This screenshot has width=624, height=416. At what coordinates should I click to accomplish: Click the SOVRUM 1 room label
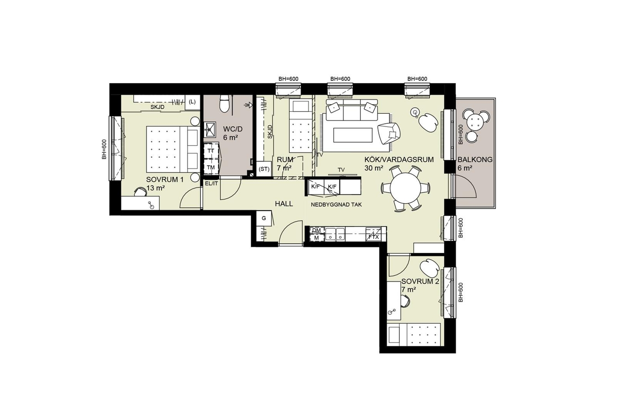165,179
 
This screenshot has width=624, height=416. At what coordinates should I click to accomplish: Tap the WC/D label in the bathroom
233,129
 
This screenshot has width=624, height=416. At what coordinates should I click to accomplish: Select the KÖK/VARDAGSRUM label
399,159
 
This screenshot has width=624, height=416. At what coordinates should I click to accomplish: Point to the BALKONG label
475,160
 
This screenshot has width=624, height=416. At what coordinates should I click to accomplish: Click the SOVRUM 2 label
420,281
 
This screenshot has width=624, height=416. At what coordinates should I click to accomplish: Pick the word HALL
284,204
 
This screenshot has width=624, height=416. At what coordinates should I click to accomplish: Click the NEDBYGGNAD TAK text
336,205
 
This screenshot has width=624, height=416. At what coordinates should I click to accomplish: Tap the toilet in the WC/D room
224,103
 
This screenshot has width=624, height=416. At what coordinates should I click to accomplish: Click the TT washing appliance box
211,151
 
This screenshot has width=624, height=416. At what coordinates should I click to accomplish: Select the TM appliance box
211,167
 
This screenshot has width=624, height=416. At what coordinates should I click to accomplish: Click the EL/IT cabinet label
212,184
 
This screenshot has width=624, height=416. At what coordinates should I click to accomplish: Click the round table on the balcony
475,121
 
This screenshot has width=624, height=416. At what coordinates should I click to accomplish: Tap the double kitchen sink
335,234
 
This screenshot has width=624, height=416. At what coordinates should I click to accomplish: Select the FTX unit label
374,237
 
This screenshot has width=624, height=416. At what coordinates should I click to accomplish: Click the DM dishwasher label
317,230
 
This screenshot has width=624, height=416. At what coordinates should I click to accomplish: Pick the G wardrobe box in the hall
264,219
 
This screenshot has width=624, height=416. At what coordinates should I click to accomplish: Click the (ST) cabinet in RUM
264,169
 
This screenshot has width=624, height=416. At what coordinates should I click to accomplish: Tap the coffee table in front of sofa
352,135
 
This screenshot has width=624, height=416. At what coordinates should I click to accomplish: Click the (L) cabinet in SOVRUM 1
192,102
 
